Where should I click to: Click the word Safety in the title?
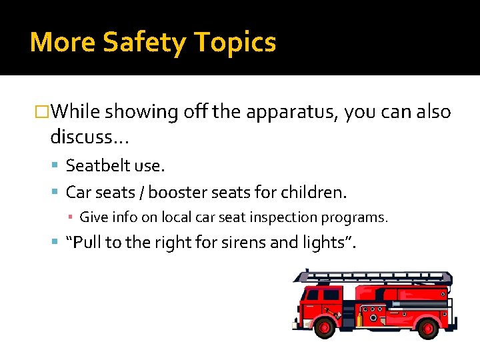pyautogui.click(x=143, y=43)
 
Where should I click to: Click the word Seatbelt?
pyautogui.click(x=95, y=165)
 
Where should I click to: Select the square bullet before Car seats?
pyautogui.click(x=55, y=193)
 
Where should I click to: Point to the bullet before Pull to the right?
pyautogui.click(x=55, y=243)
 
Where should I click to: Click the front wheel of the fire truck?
pyautogui.click(x=325, y=327)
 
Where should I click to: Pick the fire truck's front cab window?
pyautogui.click(x=312, y=295)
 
